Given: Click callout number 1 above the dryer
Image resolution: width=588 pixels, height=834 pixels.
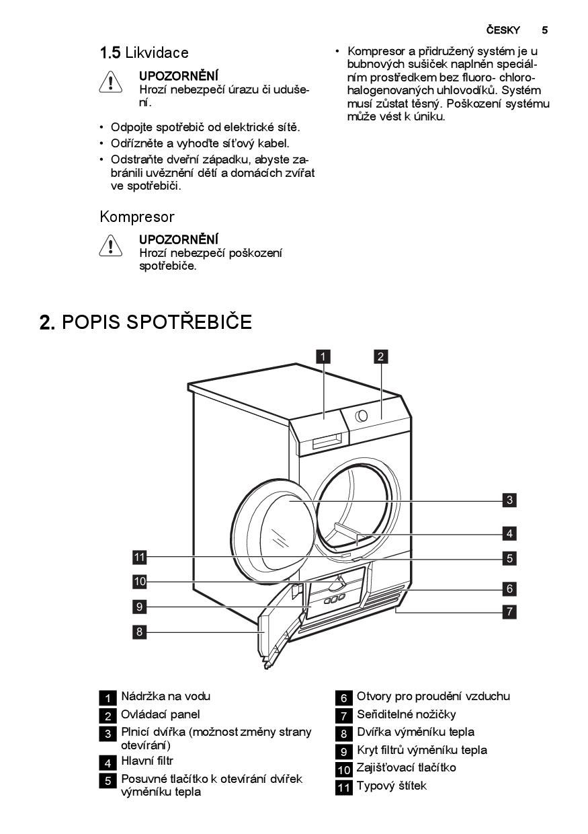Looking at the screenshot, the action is (x=323, y=356).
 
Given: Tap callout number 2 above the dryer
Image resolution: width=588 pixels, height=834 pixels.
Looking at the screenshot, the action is (x=380, y=356).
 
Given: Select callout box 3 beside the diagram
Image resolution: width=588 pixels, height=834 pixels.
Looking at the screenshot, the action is (x=509, y=500).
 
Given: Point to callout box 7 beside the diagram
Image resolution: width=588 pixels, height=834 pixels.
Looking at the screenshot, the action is (x=509, y=611).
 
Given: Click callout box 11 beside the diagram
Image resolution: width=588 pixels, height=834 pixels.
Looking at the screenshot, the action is (x=140, y=558).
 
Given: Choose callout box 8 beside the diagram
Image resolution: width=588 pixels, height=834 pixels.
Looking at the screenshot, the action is (x=140, y=632).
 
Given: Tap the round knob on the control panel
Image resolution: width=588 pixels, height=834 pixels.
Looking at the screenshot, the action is (x=362, y=416).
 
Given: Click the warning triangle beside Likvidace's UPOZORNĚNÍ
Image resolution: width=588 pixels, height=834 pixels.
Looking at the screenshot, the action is (x=110, y=82).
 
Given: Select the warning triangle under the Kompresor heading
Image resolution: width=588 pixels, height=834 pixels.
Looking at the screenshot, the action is (x=110, y=245).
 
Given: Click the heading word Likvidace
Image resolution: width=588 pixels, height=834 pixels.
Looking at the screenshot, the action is (x=157, y=53).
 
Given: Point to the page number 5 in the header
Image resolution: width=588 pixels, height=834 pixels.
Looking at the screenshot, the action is (x=544, y=30).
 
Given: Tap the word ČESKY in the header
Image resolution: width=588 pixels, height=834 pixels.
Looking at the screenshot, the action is (x=503, y=30).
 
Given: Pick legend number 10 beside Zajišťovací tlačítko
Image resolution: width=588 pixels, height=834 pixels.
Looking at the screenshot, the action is (x=343, y=770).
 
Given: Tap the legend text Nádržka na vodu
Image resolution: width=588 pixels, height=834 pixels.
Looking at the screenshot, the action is (x=166, y=696).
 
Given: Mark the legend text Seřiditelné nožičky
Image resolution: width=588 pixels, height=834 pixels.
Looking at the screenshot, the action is (x=406, y=714).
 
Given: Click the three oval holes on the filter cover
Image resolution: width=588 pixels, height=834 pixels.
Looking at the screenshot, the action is (x=334, y=600).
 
